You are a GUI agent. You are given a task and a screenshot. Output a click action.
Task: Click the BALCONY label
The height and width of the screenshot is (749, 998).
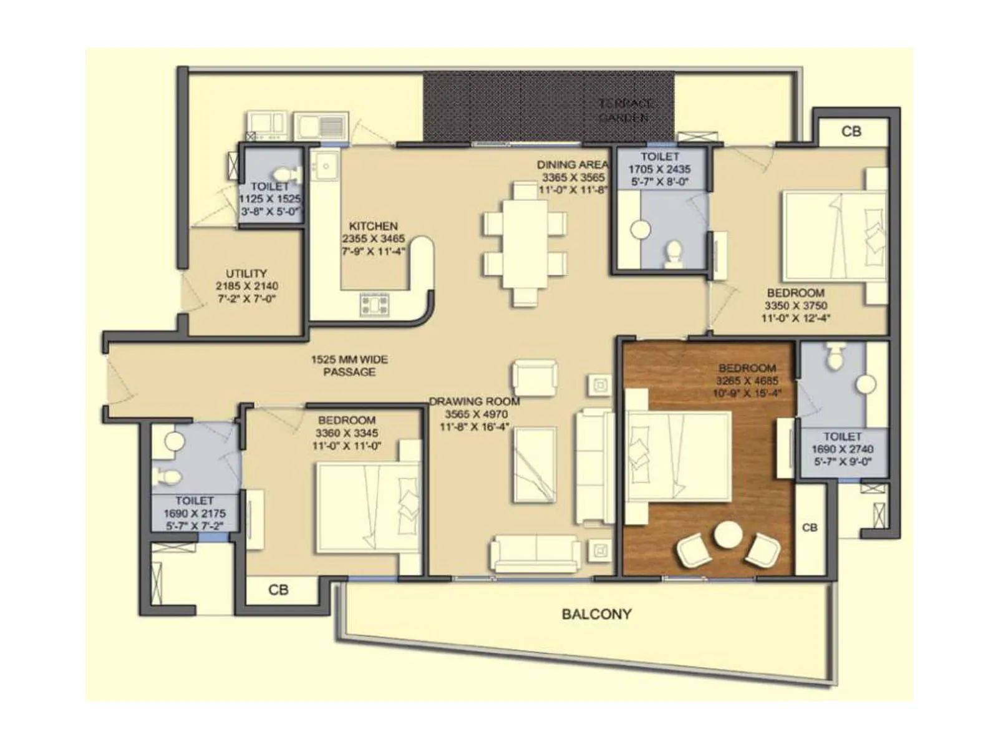596,614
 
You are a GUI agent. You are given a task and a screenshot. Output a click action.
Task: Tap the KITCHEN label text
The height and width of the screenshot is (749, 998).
373,226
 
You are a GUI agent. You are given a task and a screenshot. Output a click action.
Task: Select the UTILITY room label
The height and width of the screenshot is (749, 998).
246,273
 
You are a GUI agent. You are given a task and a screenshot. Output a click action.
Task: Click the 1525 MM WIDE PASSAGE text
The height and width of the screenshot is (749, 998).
349,366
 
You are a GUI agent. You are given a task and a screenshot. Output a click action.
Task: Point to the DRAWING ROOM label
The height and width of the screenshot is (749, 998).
475,402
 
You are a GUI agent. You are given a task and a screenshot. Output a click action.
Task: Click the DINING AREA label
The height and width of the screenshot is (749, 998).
573,165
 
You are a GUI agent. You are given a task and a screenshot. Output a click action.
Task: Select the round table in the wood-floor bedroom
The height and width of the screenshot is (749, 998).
728,536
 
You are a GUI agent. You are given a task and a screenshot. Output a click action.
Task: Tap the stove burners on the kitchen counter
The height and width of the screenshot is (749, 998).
375,305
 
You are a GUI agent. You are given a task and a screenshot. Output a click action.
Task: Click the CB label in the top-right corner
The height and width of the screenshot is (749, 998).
851,132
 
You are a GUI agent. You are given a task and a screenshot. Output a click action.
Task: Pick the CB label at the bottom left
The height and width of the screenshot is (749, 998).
278,590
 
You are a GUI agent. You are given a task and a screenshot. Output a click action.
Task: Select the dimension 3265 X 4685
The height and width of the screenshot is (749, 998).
747,381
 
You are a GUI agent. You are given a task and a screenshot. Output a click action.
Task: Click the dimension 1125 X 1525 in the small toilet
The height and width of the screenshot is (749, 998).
269,198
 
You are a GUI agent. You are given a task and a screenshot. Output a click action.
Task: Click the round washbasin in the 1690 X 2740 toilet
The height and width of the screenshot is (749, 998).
865,384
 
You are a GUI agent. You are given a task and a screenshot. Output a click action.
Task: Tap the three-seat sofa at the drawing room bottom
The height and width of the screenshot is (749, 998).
535,553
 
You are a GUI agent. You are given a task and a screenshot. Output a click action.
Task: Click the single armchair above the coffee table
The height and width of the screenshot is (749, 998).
535,378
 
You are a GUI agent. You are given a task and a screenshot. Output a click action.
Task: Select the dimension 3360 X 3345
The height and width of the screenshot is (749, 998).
347,433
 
